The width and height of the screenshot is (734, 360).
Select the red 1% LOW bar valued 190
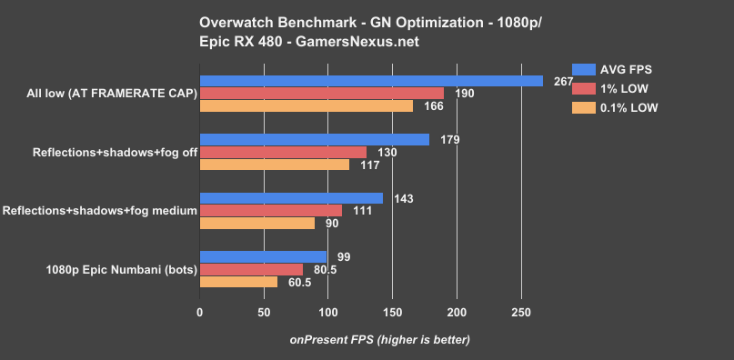point(322,93)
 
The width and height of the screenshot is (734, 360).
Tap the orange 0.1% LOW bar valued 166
point(307,106)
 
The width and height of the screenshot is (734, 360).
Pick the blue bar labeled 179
point(315,139)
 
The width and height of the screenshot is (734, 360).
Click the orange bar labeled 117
point(275,165)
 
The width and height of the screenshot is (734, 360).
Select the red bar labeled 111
point(271,210)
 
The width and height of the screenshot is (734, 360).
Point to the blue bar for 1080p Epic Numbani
point(263,256)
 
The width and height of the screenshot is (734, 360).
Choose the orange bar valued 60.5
point(238,282)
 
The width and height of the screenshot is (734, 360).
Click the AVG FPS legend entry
point(616,69)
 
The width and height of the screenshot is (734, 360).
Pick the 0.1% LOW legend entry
point(616,107)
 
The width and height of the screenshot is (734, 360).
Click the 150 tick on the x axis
point(392,313)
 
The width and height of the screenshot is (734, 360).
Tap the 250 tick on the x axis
point(520,313)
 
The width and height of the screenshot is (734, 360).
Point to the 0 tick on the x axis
point(200,313)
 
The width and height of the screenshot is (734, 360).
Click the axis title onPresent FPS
point(380,340)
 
